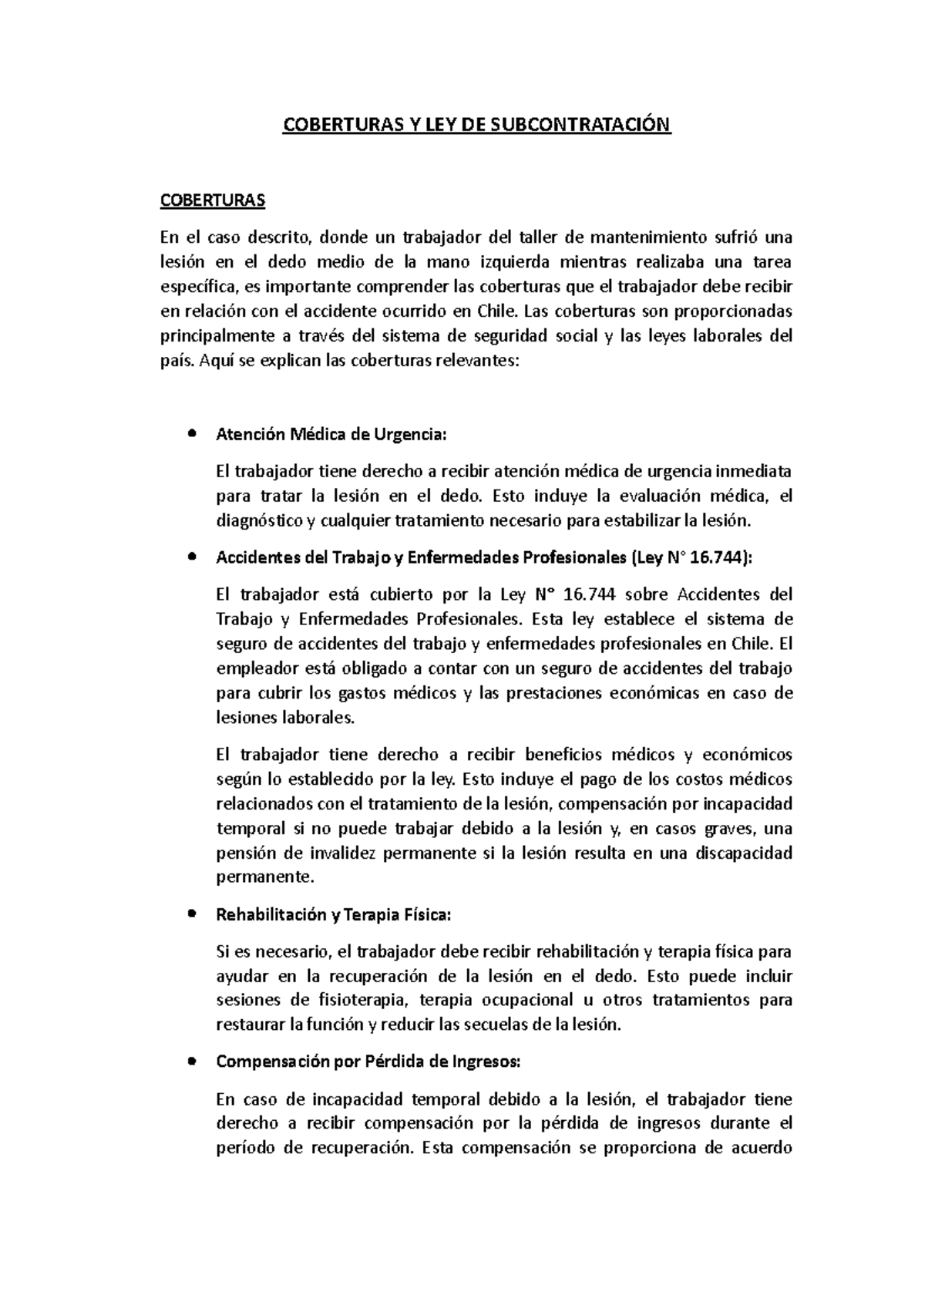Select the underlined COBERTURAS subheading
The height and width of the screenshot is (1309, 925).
(x=212, y=200)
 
